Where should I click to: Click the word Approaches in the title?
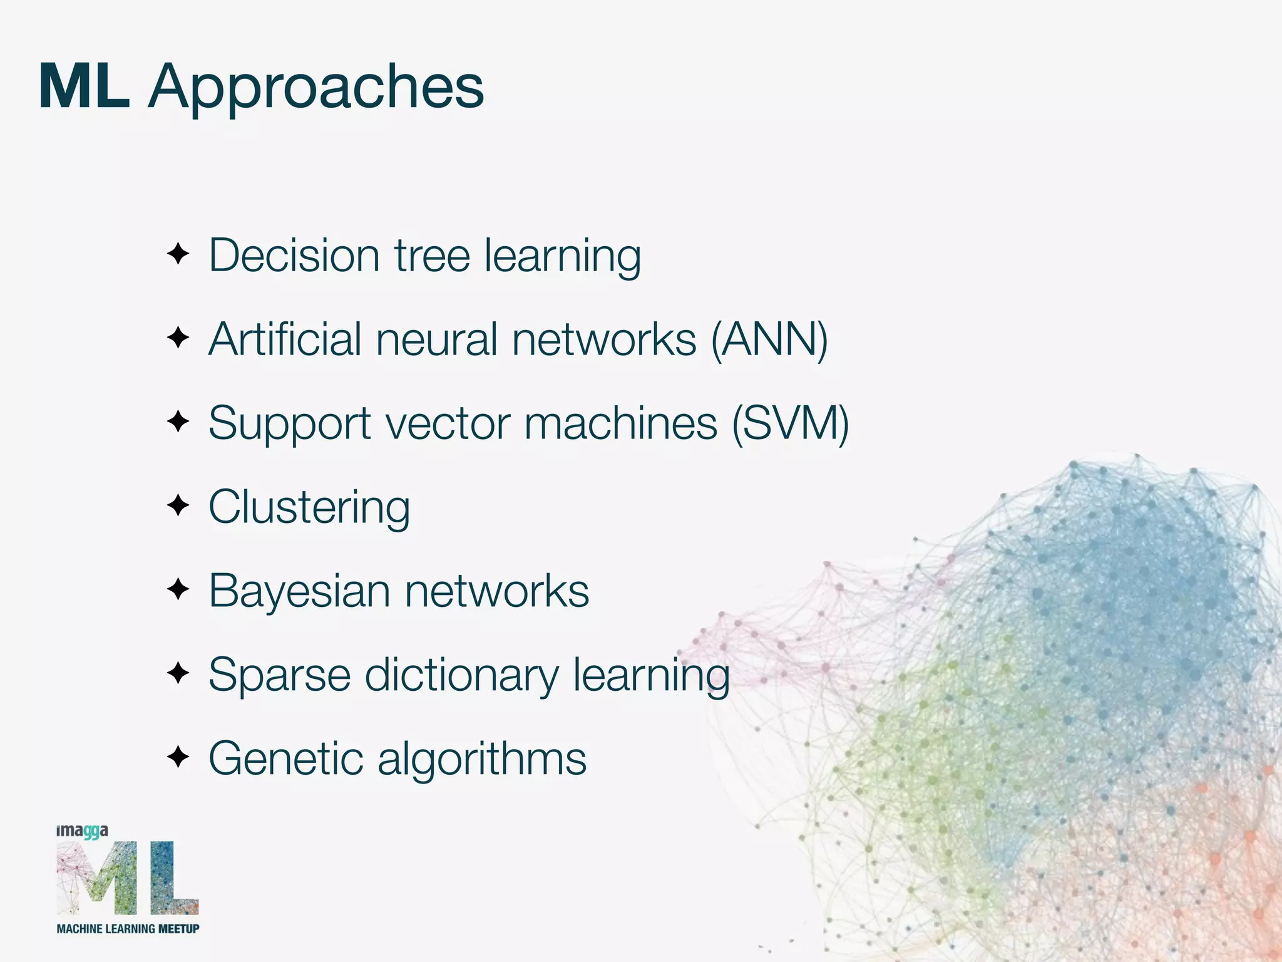pos(316,88)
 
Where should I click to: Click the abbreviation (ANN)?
pos(769,339)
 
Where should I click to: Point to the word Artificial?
pos(285,339)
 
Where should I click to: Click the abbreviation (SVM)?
pos(791,423)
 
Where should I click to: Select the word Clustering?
pos(309,507)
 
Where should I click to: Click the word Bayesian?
pos(299,591)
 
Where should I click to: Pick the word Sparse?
pos(279,675)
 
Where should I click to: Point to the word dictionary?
pos(461,675)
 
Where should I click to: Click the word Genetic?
pos(285,759)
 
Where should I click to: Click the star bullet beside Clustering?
pos(178,505)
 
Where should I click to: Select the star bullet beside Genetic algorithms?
pos(178,757)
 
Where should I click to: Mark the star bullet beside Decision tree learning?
pos(178,254)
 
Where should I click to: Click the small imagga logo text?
pos(82,831)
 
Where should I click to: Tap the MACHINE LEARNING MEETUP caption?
pos(128,929)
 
